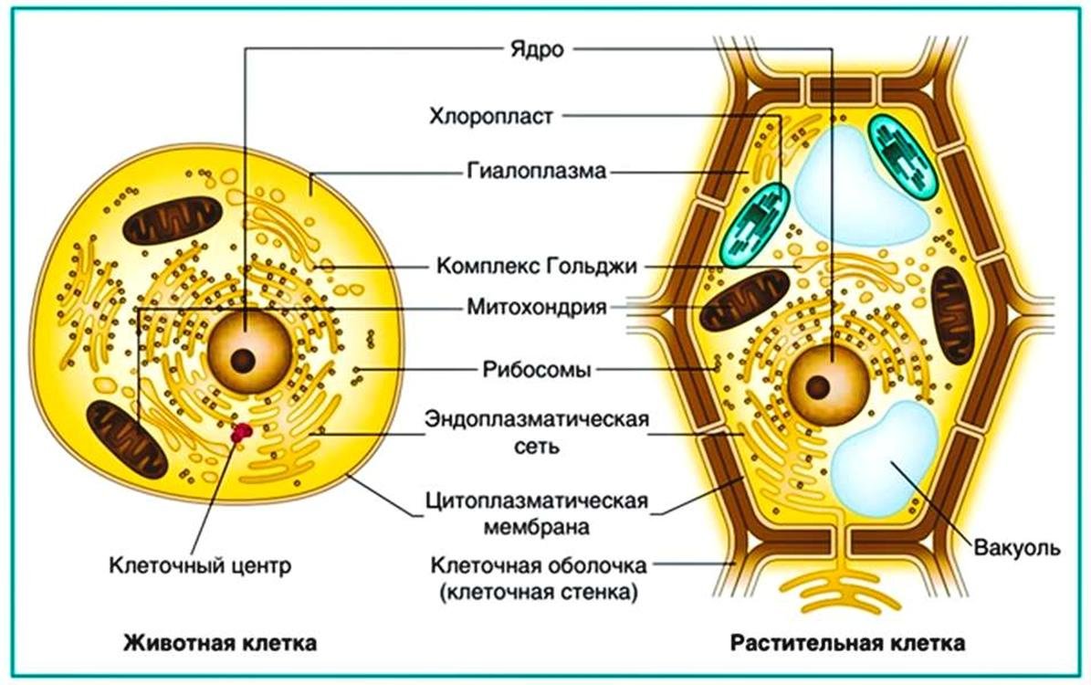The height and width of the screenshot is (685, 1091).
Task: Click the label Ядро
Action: [537, 50]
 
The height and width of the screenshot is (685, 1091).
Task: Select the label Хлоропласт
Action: [491, 116]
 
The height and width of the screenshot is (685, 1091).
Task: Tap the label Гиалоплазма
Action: [537, 171]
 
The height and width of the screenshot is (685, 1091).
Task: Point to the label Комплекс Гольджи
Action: [537, 266]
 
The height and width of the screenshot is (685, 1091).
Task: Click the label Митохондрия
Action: [537, 306]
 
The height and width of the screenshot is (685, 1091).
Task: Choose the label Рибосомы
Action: [537, 369]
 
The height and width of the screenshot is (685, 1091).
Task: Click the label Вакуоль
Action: [1016, 547]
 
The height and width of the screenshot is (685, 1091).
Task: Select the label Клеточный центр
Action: [200, 565]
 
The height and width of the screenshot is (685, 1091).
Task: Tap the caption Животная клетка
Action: [220, 643]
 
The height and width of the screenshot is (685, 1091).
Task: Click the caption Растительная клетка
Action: [847, 643]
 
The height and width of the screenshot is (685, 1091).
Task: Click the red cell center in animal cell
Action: [241, 433]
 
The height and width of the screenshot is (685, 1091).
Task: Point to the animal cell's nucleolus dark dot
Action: [243, 361]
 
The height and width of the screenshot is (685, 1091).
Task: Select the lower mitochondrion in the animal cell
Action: [127, 438]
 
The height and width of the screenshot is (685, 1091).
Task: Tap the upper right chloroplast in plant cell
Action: [902, 156]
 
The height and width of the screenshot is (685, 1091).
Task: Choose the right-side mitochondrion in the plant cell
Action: [953, 315]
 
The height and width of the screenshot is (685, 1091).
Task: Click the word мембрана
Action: [537, 526]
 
